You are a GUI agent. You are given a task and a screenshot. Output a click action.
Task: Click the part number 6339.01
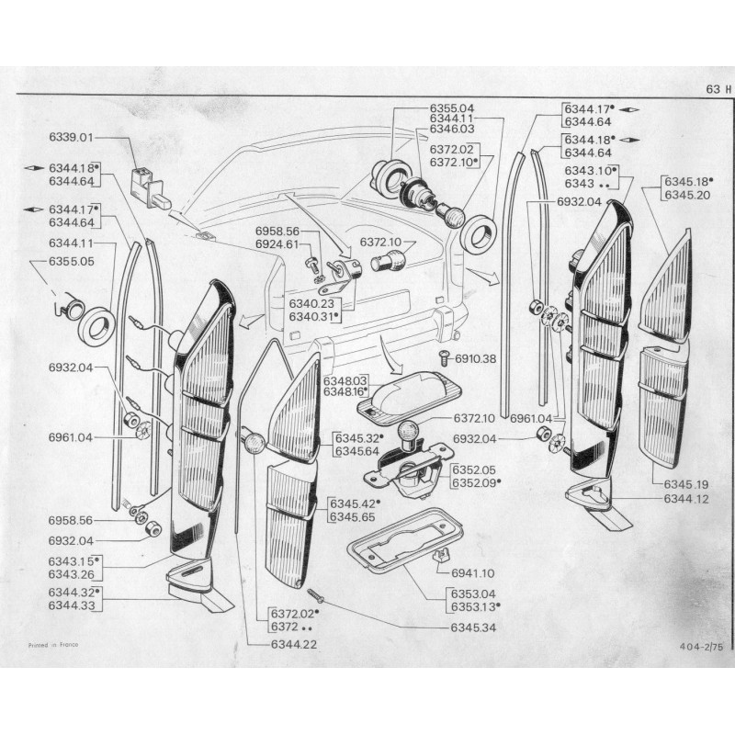(71, 138)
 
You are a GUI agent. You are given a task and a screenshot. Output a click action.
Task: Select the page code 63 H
(717, 89)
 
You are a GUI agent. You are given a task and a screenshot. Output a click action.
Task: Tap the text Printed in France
(53, 644)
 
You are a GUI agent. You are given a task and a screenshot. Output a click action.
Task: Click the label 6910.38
(476, 358)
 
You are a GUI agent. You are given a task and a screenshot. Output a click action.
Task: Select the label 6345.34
(474, 628)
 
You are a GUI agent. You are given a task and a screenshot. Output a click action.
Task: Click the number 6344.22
(294, 644)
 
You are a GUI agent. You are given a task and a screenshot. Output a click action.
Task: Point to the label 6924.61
(277, 244)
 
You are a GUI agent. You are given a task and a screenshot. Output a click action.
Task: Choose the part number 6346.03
(452, 130)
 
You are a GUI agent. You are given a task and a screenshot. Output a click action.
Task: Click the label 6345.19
(687, 483)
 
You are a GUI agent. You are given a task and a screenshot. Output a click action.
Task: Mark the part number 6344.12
(687, 499)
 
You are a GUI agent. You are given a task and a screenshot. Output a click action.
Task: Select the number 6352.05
(473, 469)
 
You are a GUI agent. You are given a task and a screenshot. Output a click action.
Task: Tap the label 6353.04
(473, 594)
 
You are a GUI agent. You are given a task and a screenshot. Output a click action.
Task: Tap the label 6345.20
(687, 195)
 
